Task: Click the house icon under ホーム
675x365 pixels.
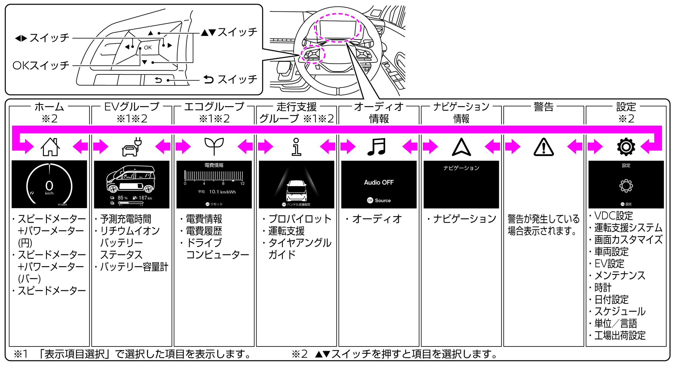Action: pyautogui.click(x=50, y=147)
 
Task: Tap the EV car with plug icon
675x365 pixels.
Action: pyautogui.click(x=132, y=147)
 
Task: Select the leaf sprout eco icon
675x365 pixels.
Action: pyautogui.click(x=214, y=146)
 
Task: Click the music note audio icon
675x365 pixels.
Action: pyautogui.click(x=377, y=146)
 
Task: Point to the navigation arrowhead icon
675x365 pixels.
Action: pyautogui.click(x=461, y=147)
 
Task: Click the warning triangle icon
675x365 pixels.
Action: pyautogui.click(x=543, y=147)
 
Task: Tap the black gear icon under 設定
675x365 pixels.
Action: pyautogui.click(x=626, y=147)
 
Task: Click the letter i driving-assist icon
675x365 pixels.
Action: pyautogui.click(x=296, y=147)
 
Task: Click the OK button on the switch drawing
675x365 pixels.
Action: pyautogui.click(x=148, y=48)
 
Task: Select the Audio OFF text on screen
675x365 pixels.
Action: pyautogui.click(x=379, y=182)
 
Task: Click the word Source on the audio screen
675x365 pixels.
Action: pyautogui.click(x=383, y=200)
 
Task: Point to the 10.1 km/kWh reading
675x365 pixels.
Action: pyautogui.click(x=222, y=192)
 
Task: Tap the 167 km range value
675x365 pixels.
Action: pyautogui.click(x=145, y=198)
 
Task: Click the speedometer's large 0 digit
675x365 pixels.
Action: pyautogui.click(x=49, y=186)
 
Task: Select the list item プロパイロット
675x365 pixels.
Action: pyautogui.click(x=300, y=219)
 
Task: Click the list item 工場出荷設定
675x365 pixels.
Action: pyautogui.click(x=620, y=335)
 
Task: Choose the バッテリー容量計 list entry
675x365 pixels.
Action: pyautogui.click(x=134, y=267)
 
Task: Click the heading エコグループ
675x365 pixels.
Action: pyautogui.click(x=214, y=107)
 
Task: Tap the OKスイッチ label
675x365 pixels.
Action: pyautogui.click(x=41, y=65)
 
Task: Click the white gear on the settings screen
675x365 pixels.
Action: pyautogui.click(x=626, y=186)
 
